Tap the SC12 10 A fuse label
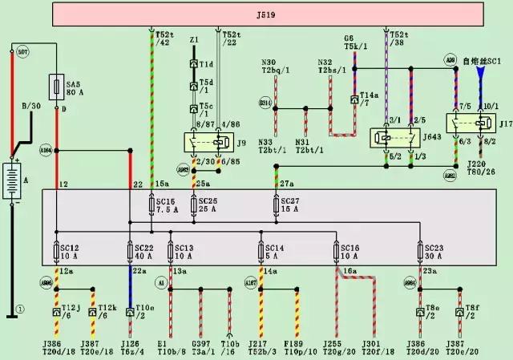point(73,253)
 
